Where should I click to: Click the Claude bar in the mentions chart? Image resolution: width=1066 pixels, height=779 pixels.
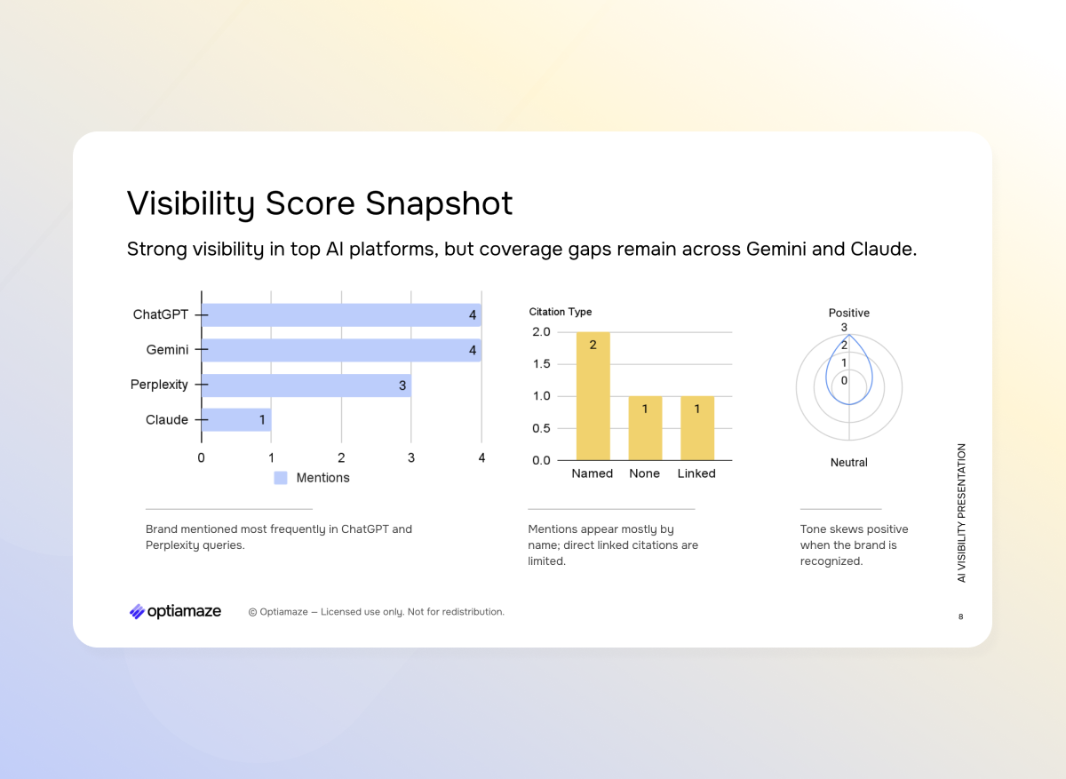(236, 420)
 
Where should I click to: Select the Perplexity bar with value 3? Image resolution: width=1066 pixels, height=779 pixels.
(306, 386)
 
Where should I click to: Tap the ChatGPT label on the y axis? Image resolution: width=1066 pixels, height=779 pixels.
(161, 314)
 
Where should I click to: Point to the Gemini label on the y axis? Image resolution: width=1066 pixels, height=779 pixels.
(167, 350)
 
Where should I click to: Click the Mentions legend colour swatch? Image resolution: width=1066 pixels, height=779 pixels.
(281, 478)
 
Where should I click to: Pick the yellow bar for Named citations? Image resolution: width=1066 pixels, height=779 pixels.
(593, 396)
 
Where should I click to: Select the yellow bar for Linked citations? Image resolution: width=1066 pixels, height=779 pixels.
(696, 428)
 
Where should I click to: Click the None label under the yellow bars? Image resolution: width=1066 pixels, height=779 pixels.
(644, 473)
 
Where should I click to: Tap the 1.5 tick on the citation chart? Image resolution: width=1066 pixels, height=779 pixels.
(541, 364)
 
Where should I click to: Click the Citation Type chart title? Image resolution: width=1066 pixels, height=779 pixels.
(561, 312)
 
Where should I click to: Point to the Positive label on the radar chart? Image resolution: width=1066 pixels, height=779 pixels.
(849, 313)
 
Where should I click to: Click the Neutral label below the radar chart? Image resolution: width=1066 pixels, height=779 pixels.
(849, 463)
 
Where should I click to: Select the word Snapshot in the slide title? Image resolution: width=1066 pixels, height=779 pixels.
(440, 203)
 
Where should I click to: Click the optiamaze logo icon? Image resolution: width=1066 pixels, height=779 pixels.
(137, 611)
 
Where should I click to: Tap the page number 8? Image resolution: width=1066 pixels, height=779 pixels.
(960, 616)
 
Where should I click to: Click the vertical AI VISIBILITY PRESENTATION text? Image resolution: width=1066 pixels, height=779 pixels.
(961, 513)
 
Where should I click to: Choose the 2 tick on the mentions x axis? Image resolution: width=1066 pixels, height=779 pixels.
(341, 458)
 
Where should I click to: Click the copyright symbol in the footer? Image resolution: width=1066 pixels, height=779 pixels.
(252, 612)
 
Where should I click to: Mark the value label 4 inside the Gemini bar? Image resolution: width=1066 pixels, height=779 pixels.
(473, 351)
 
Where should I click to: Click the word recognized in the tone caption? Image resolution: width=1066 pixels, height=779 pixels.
(831, 561)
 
